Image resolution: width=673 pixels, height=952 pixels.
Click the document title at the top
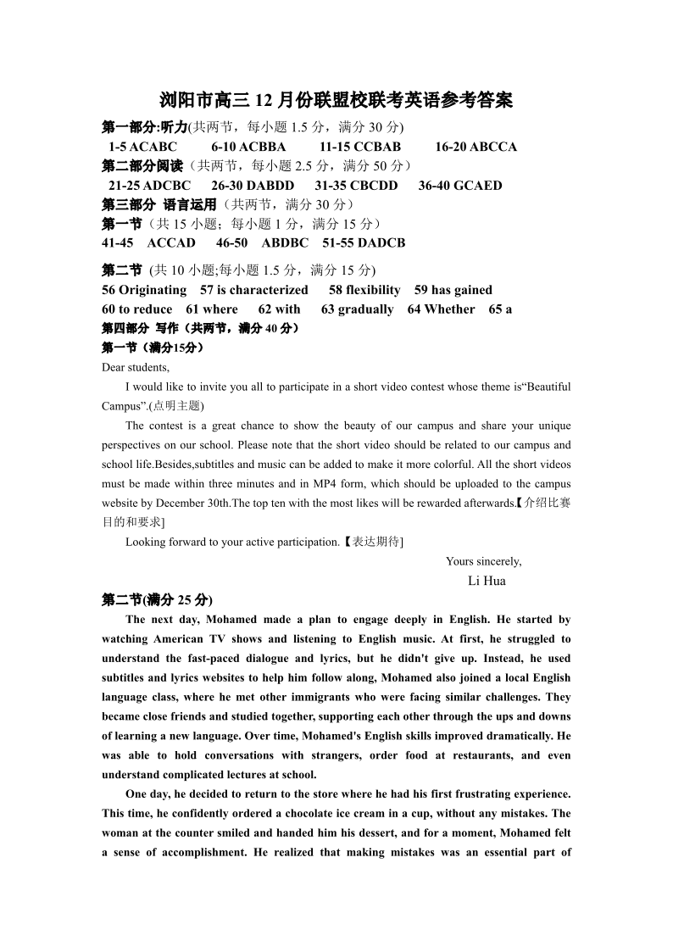point(336,102)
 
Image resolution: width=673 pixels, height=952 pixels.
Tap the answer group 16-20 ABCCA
point(476,147)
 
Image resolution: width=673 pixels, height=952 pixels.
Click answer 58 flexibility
point(364,290)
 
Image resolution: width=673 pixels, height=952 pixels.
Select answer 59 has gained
point(453,290)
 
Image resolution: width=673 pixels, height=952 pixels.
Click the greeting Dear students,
point(136,367)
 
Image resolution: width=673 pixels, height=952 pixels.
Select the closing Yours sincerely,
point(483,561)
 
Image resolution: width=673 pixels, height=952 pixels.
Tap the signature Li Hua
point(487,581)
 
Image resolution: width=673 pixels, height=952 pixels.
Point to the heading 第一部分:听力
point(144,127)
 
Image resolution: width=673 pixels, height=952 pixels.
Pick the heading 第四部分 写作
point(139,328)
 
